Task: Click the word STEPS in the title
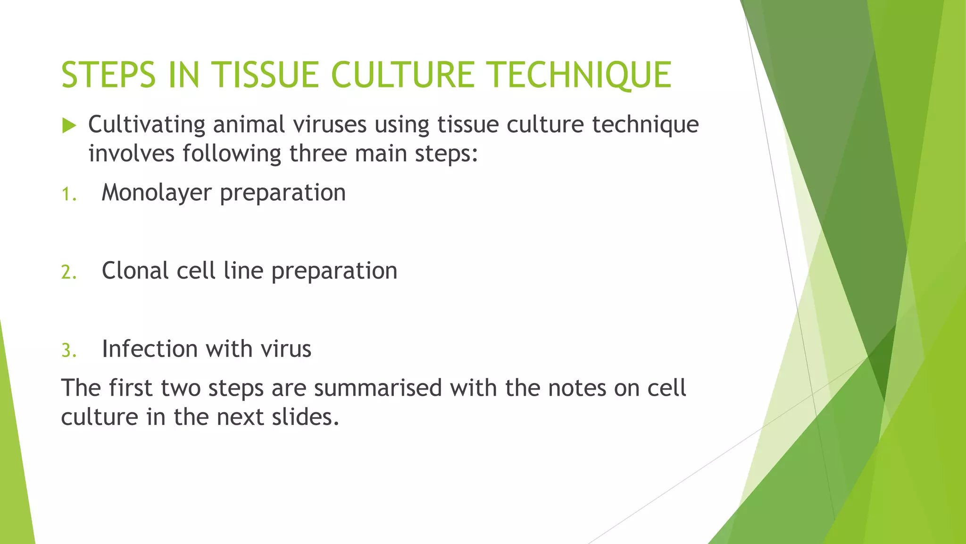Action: (108, 76)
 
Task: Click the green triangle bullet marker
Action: (69, 126)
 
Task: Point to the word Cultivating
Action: (146, 125)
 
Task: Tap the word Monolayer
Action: (156, 193)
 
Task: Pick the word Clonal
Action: (135, 271)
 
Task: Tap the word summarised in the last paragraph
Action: (377, 388)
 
